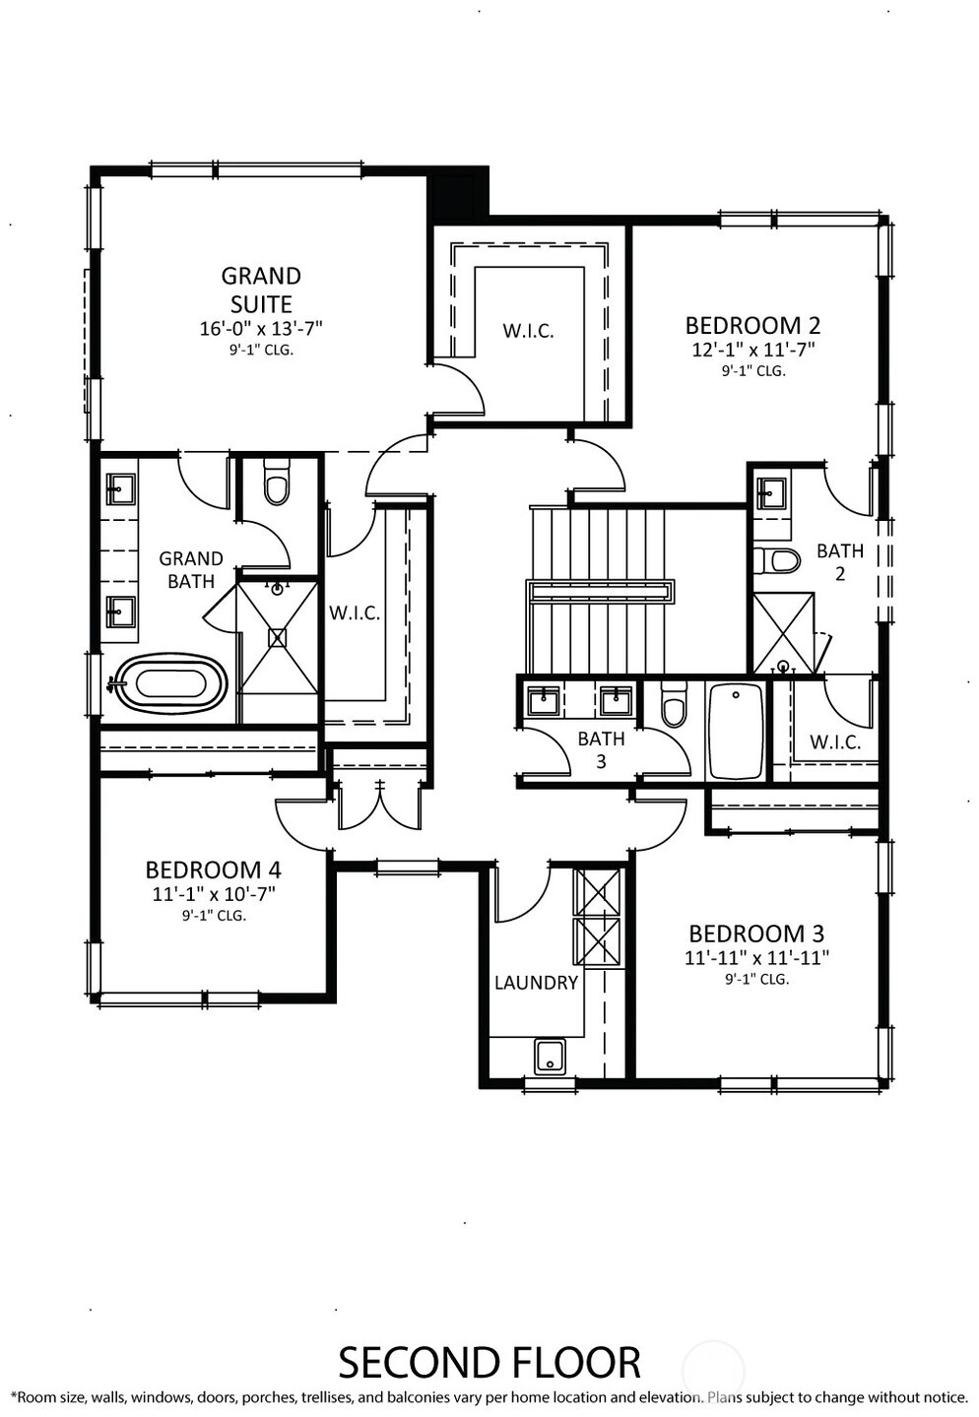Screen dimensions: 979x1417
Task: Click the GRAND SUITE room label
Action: tap(261, 290)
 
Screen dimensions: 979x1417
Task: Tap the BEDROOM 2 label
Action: tap(752, 326)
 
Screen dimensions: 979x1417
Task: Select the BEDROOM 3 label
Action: tap(756, 934)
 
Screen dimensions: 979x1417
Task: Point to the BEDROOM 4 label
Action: tap(214, 870)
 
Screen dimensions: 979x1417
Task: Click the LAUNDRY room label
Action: tap(536, 983)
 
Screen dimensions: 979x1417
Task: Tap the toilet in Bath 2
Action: tap(776, 560)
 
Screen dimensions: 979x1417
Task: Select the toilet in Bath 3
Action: tap(674, 705)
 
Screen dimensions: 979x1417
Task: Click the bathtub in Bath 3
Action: tap(735, 734)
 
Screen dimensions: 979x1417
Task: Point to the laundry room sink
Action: tap(550, 1057)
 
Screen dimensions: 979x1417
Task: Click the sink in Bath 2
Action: tap(770, 491)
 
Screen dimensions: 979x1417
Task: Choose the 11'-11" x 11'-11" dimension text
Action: tap(756, 958)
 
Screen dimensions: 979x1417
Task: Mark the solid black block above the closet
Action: tap(460, 194)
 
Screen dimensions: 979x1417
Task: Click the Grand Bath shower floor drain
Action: tap(277, 637)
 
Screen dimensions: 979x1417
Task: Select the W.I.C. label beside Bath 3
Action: tap(835, 742)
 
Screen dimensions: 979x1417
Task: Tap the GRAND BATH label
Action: tap(191, 570)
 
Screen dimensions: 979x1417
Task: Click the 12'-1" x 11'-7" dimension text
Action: tap(753, 350)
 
